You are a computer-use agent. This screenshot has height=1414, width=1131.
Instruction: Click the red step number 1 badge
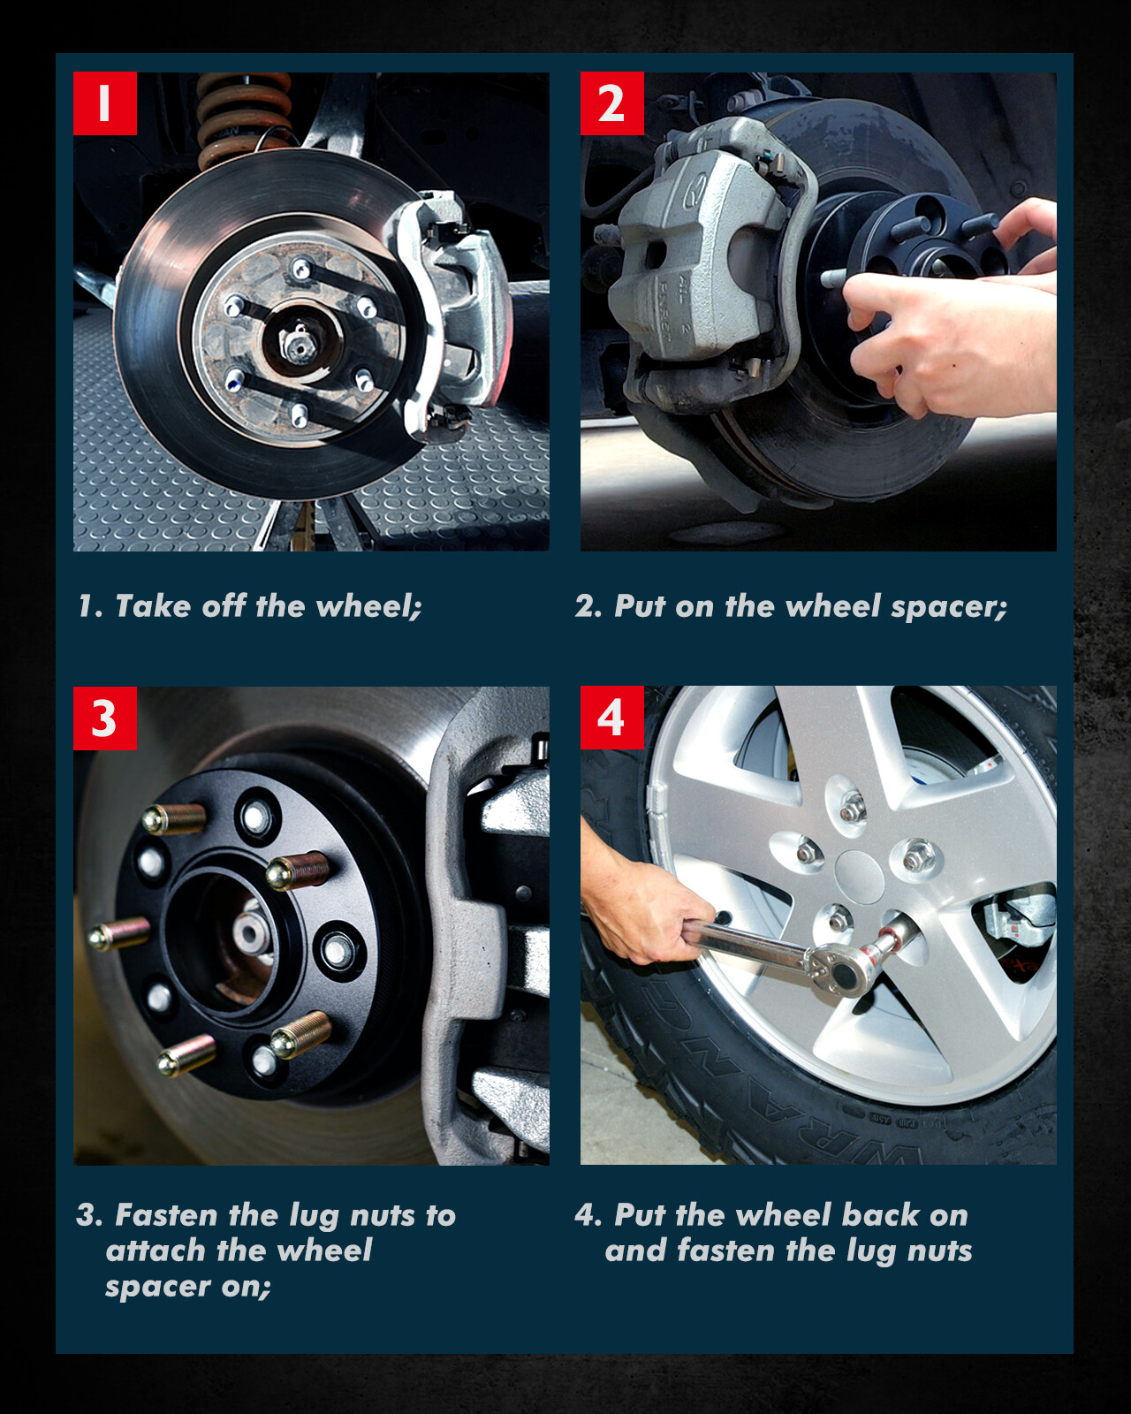105,103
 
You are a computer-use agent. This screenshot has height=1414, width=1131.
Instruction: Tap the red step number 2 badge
611,103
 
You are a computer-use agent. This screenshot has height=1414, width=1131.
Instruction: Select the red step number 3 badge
105,718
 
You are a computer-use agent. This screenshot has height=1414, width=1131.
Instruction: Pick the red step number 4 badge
611,718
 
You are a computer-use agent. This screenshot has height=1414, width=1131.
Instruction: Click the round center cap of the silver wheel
859,877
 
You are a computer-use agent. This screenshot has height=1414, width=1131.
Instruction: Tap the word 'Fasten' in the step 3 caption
165,1215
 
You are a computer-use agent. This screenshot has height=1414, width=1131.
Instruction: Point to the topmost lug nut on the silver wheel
853,809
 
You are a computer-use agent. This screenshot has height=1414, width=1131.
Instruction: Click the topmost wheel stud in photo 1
301,269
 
